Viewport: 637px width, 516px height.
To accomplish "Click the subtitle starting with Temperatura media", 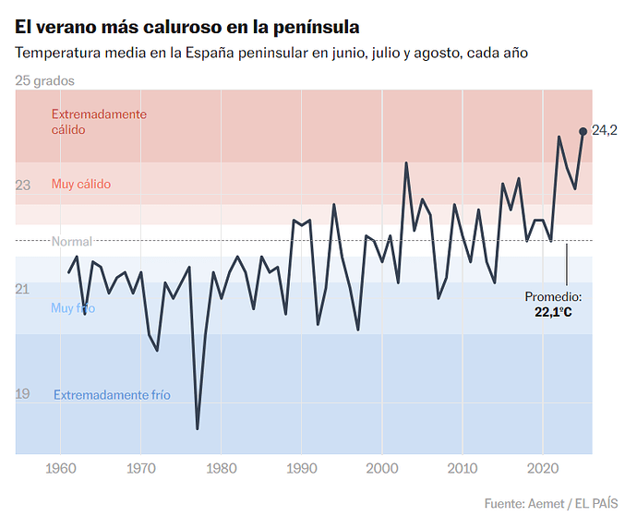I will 271,53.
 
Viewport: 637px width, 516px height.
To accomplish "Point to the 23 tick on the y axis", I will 23,186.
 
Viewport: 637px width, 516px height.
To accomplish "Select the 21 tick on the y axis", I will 23,290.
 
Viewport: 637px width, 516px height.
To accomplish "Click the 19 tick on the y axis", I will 23,394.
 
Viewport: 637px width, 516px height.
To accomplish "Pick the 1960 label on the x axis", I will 60,468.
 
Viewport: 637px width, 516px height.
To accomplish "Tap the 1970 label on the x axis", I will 140,468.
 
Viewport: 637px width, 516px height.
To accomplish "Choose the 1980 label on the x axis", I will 221,468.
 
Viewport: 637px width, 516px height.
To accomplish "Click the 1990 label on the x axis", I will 302,468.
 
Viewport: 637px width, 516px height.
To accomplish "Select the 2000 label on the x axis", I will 382,468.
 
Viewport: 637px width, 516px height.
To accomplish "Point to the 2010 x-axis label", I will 463,468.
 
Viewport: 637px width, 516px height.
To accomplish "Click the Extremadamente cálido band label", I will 99,122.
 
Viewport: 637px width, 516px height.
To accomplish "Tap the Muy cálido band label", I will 81,184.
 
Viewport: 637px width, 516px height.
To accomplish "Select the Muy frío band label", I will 73,308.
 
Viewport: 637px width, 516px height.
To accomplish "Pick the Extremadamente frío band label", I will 112,395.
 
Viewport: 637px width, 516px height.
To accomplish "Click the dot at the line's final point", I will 583,131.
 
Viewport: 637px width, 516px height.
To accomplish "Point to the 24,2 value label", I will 605,131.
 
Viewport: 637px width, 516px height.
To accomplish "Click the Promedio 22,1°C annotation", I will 553,305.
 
